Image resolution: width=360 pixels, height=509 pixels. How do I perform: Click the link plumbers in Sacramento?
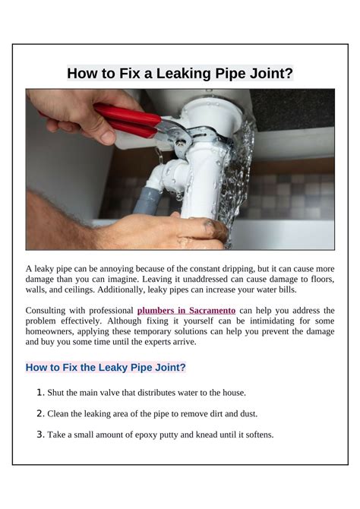point(186,311)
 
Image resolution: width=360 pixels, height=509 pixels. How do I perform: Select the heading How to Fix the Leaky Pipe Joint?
point(106,367)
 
